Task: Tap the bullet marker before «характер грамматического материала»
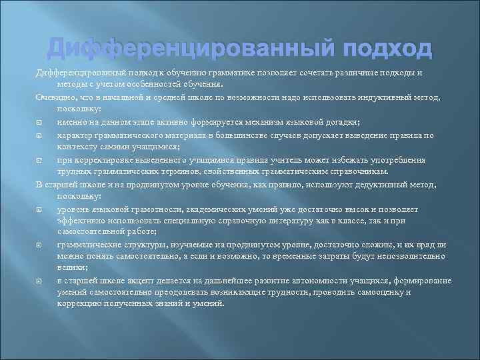40,135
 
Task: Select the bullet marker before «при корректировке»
40,160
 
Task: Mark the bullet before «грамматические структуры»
40,245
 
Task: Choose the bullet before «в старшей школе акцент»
40,281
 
